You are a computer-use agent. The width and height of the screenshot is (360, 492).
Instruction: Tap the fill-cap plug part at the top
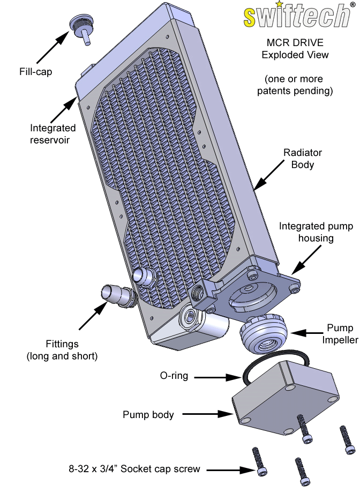tap(80, 27)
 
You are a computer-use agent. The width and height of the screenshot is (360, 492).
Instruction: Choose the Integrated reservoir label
tap(52, 134)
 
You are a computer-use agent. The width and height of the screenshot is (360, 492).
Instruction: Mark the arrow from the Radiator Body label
tap(269, 174)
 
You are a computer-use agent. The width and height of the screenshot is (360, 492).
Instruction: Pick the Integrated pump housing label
tap(316, 232)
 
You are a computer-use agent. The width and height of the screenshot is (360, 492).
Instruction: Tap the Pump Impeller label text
tap(340, 334)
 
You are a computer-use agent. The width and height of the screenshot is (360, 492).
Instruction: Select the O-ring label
tap(174, 376)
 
